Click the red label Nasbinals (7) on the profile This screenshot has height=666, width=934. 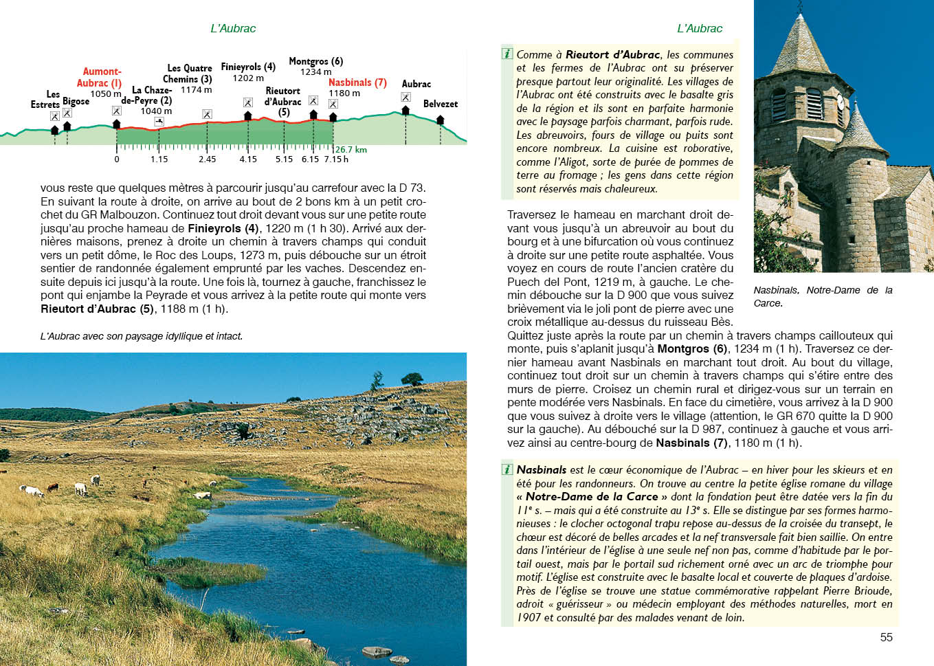357,82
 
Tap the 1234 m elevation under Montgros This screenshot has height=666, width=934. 315,72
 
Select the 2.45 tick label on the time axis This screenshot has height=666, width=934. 207,159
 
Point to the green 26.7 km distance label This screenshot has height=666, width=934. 351,150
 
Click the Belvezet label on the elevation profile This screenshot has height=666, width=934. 440,104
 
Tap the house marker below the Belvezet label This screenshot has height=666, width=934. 440,120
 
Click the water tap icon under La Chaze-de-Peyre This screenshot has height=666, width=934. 159,122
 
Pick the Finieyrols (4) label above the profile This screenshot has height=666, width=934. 248,67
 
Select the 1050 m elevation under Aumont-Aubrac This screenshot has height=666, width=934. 105,94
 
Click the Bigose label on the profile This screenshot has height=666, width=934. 76,101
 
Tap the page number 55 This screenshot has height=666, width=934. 886,637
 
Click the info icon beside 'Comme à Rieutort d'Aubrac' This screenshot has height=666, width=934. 508,54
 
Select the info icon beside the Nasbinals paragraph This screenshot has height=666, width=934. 508,469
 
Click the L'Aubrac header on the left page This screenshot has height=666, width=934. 233,29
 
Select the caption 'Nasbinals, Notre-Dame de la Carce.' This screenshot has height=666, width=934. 823,296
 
